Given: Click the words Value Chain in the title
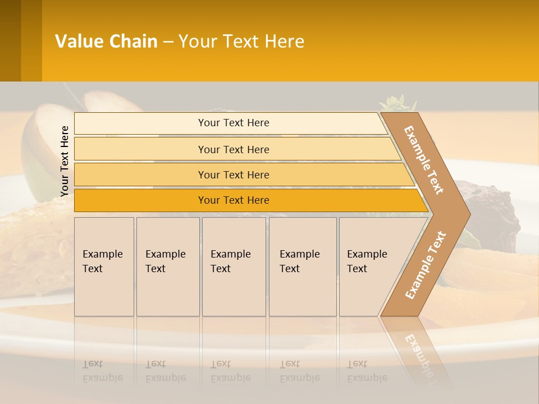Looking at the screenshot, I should (106, 42).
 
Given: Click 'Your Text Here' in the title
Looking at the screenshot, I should (241, 42).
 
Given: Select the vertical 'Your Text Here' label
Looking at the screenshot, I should (65, 161).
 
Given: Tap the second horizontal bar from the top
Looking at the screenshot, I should (234, 149).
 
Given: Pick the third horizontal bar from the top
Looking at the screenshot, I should (234, 175).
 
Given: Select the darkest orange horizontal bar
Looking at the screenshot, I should (234, 200).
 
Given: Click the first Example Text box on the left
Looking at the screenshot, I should (104, 267).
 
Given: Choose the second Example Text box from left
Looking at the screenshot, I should (167, 267).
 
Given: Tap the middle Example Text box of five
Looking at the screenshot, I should (234, 267).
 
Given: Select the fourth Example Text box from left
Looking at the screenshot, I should (302, 267).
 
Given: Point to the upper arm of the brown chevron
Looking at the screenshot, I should (424, 159).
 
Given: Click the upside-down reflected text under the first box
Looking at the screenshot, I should (103, 371).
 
